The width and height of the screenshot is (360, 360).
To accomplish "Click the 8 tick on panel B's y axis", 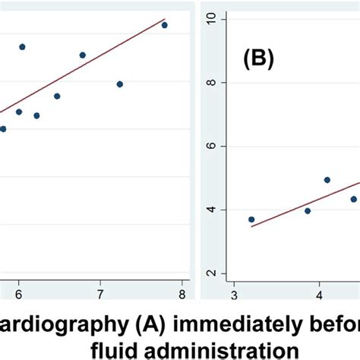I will tap(212, 82).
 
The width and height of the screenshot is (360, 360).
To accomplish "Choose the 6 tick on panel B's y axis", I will tap(212, 146).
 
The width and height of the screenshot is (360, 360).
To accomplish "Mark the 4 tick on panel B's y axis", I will tap(212, 210).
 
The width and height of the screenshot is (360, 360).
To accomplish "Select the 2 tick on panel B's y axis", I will tap(212, 273).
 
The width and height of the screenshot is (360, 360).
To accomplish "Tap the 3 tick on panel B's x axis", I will tap(235, 295).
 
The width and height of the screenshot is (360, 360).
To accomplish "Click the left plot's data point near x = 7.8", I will tap(164, 25).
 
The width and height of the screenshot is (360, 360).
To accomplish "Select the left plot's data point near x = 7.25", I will tap(120, 84).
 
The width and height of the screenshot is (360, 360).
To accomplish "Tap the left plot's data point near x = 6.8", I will tap(83, 55).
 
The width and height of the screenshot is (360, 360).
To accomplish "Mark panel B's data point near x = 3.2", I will tap(251, 219).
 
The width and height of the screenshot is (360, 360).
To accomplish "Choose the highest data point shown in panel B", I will tap(327, 180).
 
